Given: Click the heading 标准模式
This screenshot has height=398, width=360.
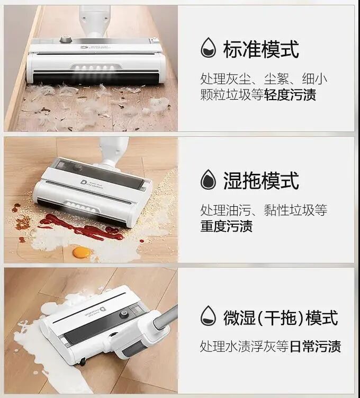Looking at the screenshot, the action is (x=261, y=49).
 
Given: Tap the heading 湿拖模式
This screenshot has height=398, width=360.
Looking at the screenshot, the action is (x=261, y=181).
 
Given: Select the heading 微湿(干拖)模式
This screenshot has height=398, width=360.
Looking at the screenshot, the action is (x=281, y=317).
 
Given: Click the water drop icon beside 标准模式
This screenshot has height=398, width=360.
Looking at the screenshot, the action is (x=209, y=48).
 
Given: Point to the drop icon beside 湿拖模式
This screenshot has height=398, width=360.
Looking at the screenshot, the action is (x=209, y=179).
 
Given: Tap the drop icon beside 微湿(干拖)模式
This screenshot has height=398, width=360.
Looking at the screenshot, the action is (x=209, y=316).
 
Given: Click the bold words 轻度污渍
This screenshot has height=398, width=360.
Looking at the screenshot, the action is (x=290, y=95).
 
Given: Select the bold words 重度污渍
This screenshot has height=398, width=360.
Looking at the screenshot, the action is (x=227, y=226).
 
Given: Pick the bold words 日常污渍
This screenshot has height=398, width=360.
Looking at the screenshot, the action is (x=315, y=346).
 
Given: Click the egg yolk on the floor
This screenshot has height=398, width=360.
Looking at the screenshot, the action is (x=82, y=252).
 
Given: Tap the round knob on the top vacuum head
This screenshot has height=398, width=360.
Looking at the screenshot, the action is (x=66, y=39).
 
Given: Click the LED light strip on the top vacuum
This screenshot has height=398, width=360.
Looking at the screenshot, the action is (x=96, y=68).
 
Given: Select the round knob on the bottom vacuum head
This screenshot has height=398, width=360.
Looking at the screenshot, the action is (x=123, y=314).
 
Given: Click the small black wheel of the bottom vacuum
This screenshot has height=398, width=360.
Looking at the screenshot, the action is (x=83, y=362).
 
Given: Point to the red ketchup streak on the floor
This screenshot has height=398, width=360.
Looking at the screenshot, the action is (x=81, y=227).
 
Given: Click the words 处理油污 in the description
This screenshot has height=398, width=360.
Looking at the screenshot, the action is (x=226, y=210).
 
